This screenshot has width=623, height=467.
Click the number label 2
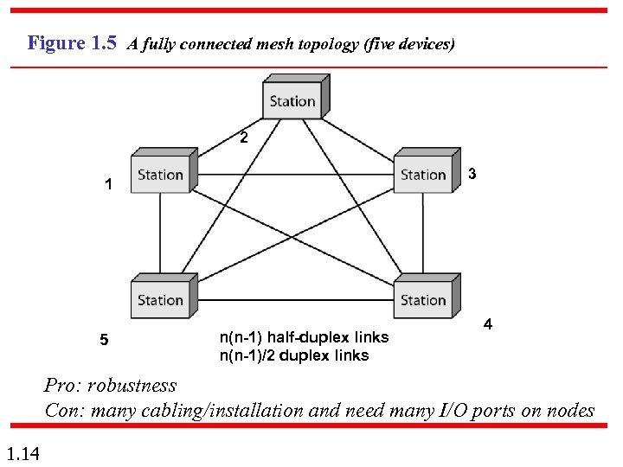point(244,138)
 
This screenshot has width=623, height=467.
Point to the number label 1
point(107,184)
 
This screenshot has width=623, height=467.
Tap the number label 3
point(472,174)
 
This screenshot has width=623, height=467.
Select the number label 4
point(488,324)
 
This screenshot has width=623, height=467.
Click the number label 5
point(104,341)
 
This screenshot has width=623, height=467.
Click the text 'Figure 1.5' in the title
point(72,42)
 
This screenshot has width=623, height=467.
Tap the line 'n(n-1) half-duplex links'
point(304,337)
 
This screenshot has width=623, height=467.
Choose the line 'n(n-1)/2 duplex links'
point(294,355)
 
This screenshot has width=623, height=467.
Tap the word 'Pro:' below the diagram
point(63,386)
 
